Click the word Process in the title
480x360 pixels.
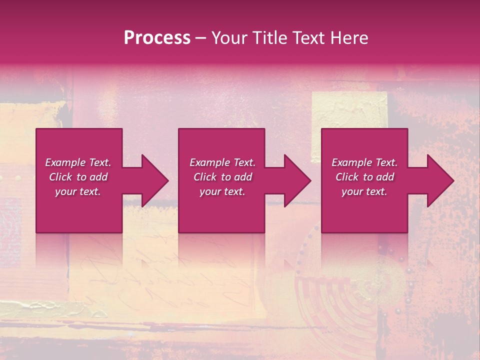point(157,38)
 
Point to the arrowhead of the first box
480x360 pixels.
point(152,180)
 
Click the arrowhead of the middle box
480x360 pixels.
point(295,180)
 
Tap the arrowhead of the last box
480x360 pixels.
point(438,180)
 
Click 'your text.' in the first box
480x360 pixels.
point(78,191)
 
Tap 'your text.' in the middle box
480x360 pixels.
point(222,191)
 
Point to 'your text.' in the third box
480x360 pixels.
point(364,191)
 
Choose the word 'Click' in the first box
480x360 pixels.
point(60,177)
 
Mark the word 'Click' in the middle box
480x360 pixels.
point(205,177)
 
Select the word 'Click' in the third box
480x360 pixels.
point(347,177)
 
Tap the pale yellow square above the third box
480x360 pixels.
point(349,110)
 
